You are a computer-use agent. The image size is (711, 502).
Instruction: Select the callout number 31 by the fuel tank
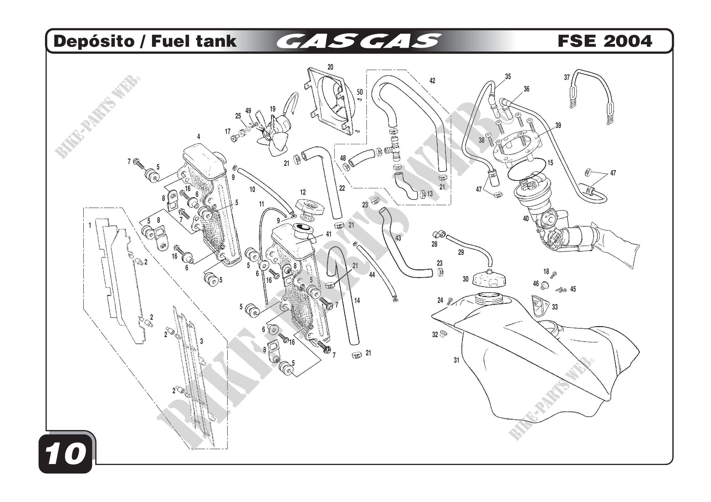tap(456, 360)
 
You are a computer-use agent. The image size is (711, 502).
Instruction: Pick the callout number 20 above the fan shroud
tap(330, 67)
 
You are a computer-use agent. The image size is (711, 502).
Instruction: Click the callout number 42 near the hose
tap(432, 81)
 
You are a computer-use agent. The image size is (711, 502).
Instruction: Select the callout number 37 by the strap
tap(567, 78)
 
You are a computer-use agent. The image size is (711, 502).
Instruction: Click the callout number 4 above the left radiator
tap(198, 136)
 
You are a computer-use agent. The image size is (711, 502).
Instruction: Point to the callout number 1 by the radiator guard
tap(90, 225)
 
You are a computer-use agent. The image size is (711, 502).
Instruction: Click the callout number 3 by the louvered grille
tap(202, 341)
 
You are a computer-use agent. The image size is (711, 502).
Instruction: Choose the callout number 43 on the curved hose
tap(398, 238)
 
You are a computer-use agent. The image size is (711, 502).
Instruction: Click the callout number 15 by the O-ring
tap(550, 163)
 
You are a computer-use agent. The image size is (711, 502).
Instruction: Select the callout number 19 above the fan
tap(272, 109)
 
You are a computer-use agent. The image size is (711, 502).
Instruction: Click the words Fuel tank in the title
tap(194, 41)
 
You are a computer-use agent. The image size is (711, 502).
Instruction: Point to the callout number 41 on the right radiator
tap(329, 234)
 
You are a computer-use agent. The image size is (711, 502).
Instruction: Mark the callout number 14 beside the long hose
tap(357, 300)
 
